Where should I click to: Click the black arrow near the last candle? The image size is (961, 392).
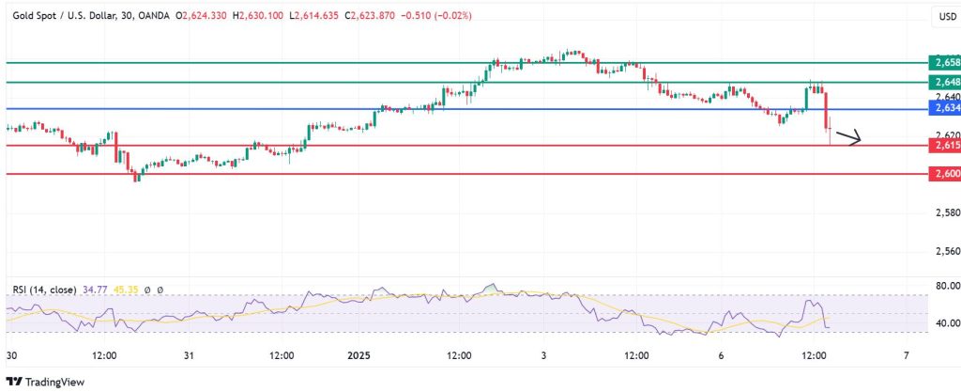[849, 141]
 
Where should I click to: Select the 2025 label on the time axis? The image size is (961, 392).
[360, 356]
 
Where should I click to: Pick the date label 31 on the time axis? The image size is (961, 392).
[188, 356]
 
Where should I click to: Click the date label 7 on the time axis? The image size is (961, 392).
[906, 356]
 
